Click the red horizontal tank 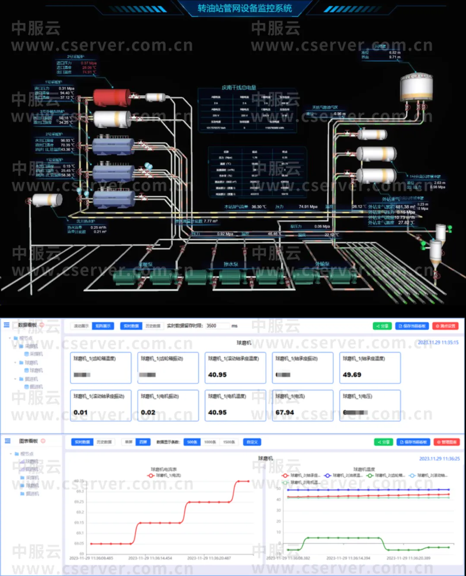pyautogui.click(x=112, y=98)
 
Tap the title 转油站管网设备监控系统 pyautogui.click(x=245, y=8)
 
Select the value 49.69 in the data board pyautogui.click(x=352, y=375)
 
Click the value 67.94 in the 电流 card pyautogui.click(x=285, y=412)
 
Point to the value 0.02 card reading pyautogui.click(x=148, y=412)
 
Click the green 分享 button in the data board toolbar pyautogui.click(x=382, y=326)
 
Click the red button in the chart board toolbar pyautogui.click(x=447, y=442)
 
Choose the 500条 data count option pyautogui.click(x=192, y=442)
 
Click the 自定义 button pyautogui.click(x=252, y=442)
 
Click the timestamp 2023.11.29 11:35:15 pyautogui.click(x=438, y=343)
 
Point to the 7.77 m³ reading pyautogui.click(x=211, y=221)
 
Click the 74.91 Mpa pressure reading pyautogui.click(x=308, y=207)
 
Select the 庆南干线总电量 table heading pyautogui.click(x=239, y=88)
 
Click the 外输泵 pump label pyautogui.click(x=322, y=264)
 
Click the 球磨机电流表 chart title pyautogui.click(x=164, y=469)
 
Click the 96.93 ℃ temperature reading pyautogui.click(x=67, y=141)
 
